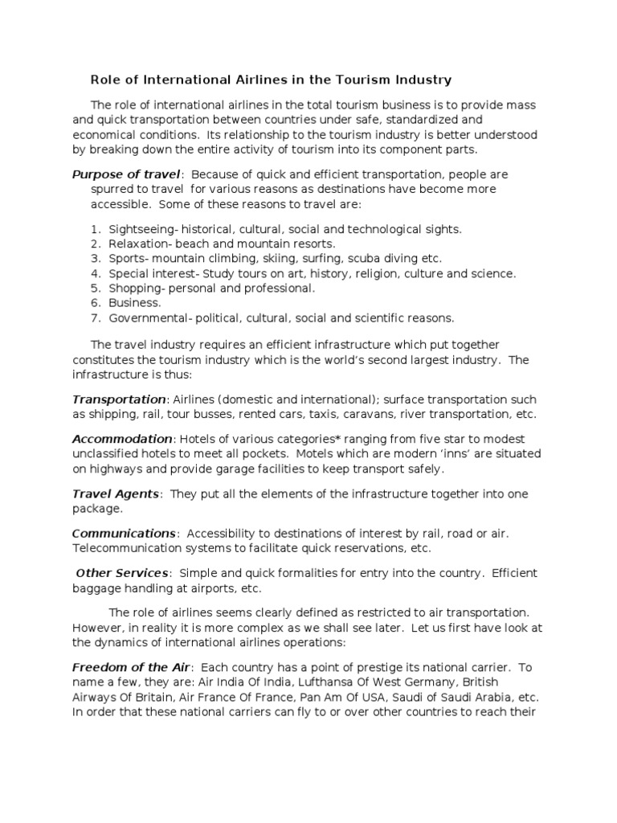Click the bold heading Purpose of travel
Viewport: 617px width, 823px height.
pos(127,174)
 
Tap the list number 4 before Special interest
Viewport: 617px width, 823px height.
pos(95,273)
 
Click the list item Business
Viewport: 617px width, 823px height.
pos(134,303)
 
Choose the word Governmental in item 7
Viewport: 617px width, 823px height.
pos(147,317)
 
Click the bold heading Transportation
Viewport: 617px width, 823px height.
pos(118,399)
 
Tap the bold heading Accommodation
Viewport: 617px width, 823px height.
pos(122,439)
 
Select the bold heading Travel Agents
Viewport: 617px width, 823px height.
pos(116,493)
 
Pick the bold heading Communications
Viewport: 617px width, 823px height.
pos(124,533)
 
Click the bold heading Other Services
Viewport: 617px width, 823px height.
pos(122,572)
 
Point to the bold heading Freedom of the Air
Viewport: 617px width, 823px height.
pos(131,667)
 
